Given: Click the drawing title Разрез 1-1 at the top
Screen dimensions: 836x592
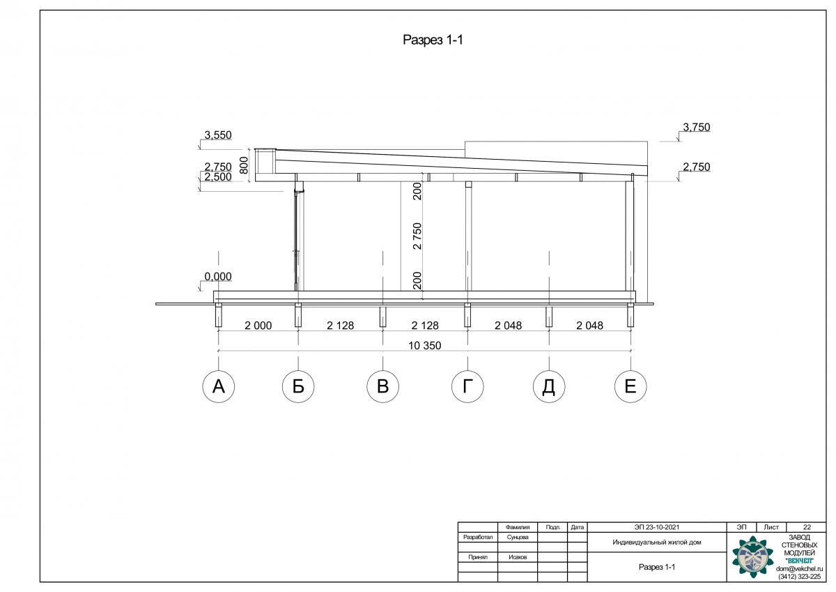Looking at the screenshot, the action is pos(433,40).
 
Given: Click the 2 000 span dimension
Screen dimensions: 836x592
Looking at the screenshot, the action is pos(258,326).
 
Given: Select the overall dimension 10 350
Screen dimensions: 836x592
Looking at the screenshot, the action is pos(425,346).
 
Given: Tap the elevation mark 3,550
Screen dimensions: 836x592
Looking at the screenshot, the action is pos(218,135).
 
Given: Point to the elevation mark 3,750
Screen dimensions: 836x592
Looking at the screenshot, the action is pos(697,128).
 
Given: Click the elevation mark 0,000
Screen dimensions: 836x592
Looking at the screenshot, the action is pos(218,277).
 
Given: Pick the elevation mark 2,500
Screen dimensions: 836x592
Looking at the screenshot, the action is pos(218,177).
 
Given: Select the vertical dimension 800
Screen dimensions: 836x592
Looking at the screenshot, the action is pos(243,165).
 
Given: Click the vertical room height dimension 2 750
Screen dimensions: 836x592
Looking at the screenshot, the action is pos(417,236).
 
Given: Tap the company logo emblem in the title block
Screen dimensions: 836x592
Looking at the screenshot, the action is pos(753,557).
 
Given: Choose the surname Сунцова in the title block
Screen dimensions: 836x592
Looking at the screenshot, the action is pos(518,538).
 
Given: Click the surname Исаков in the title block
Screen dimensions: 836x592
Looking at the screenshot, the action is pos(518,557).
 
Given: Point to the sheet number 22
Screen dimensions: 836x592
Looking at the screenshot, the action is pos(807,527).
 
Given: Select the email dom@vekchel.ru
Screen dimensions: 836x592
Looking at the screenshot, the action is pos(800,569).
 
